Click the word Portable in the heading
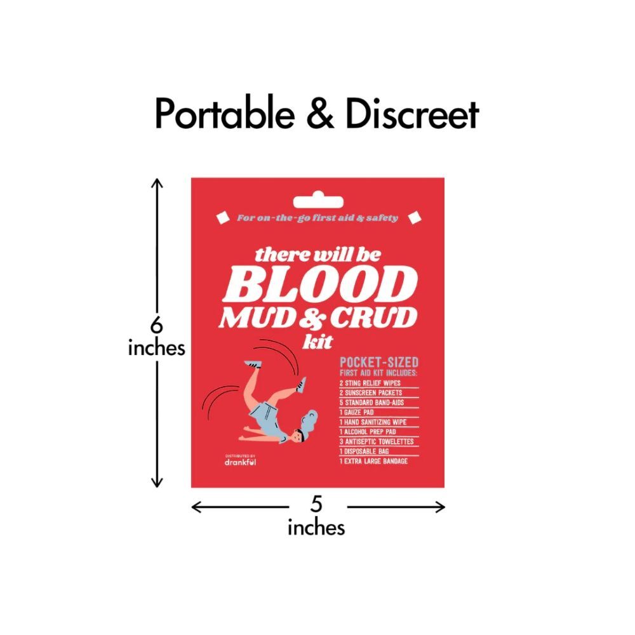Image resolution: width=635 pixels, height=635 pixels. click(x=225, y=114)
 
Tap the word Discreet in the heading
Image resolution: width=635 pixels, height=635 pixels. click(x=412, y=114)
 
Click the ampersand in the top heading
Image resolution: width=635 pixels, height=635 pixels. click(x=320, y=114)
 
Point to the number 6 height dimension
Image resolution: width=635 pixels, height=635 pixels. click(x=156, y=324)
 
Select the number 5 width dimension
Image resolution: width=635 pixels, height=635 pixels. click(x=316, y=504)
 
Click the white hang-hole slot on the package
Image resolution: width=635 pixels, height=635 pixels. click(x=318, y=200)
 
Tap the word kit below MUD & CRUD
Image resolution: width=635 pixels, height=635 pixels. click(x=318, y=342)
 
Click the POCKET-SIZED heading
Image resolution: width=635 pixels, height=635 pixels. click(x=379, y=362)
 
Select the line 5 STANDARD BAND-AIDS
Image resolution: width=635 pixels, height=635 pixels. click(x=371, y=403)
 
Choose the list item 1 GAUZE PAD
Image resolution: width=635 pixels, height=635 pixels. click(x=357, y=412)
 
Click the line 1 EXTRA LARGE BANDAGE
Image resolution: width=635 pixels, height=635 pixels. click(x=373, y=461)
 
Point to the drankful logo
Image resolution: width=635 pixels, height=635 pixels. click(x=240, y=460)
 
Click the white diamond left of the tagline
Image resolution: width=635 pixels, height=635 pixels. click(x=223, y=217)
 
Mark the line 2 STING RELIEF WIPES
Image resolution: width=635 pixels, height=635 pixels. click(x=370, y=383)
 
